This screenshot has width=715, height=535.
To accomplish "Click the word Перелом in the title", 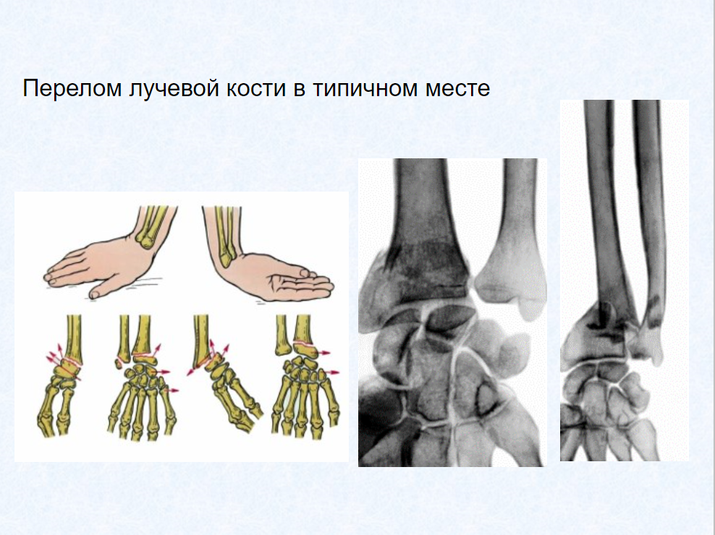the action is click(x=72, y=88).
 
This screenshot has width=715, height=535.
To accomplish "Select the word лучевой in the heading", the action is click(x=174, y=89).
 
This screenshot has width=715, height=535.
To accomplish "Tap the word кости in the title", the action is click(x=256, y=88).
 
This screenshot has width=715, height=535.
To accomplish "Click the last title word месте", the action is click(x=457, y=88).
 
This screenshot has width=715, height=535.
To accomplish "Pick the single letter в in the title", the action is click(x=299, y=90).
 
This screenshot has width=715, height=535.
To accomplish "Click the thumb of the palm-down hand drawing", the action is click(x=98, y=291).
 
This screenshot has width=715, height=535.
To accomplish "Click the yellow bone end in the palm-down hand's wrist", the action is click(x=147, y=240).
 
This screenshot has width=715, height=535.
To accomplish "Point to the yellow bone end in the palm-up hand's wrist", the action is click(x=227, y=259).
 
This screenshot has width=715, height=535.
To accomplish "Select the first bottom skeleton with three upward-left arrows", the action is click(x=61, y=376).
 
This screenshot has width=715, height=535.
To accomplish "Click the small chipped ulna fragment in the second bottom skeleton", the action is click(x=119, y=364).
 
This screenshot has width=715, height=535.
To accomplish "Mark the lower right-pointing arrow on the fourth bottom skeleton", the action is click(x=331, y=372).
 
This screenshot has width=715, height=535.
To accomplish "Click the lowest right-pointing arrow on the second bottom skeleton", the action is click(x=172, y=390).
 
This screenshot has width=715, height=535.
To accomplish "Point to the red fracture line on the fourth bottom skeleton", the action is click(x=305, y=343).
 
